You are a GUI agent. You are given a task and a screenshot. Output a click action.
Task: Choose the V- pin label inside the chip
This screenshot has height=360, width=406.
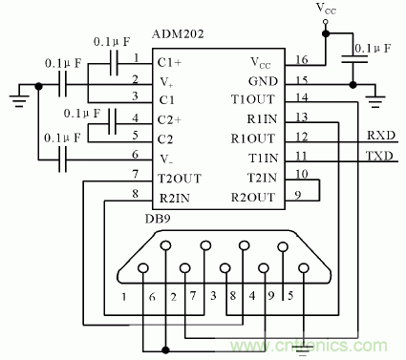166,158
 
